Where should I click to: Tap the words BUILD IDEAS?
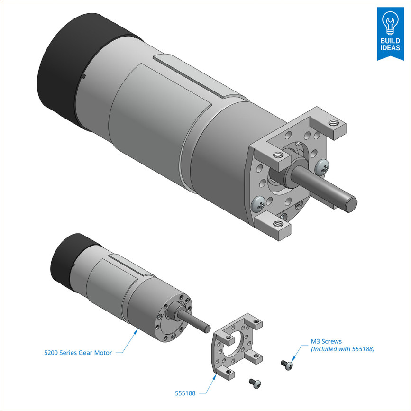coord(390,45)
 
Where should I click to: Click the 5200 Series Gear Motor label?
coord(78,353)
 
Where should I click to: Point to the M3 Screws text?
coord(326,341)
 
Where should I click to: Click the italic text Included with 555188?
coord(342,349)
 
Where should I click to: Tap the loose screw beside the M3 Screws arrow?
coord(287,365)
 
